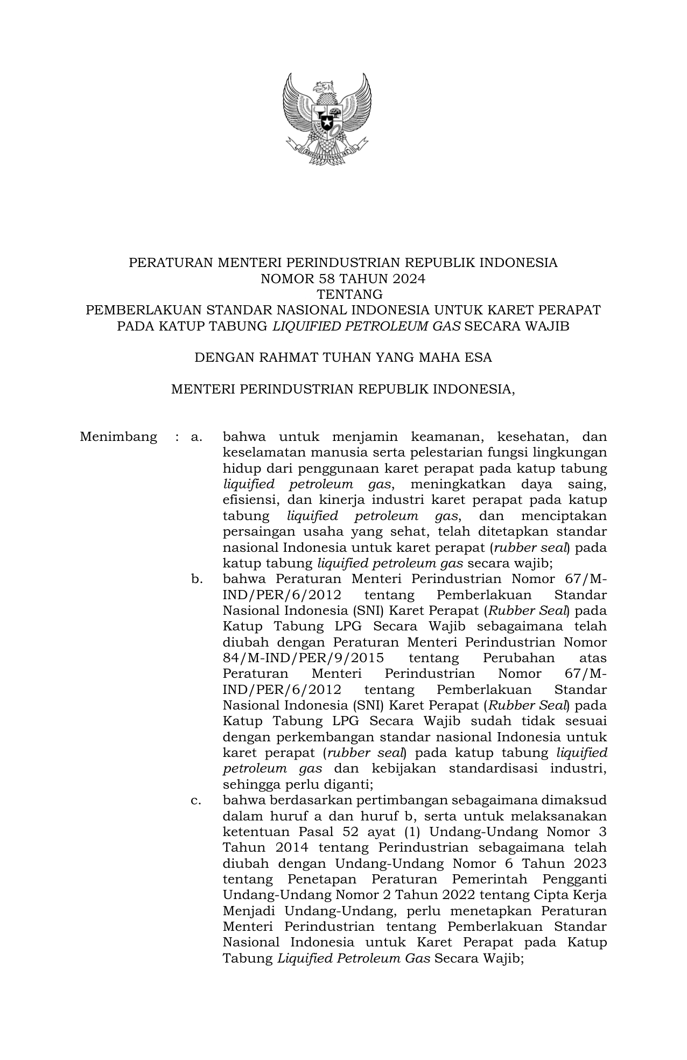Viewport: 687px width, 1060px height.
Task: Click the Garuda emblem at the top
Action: [x=327, y=119]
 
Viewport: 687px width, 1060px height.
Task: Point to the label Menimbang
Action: [x=118, y=437]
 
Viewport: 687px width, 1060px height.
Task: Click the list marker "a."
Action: [x=196, y=437]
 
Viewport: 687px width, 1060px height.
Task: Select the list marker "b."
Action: [x=196, y=579]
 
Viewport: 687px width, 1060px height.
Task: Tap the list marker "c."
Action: [x=196, y=801]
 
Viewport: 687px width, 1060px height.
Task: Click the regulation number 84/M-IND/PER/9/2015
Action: [x=303, y=658]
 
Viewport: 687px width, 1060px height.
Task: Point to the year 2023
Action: [x=590, y=864]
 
